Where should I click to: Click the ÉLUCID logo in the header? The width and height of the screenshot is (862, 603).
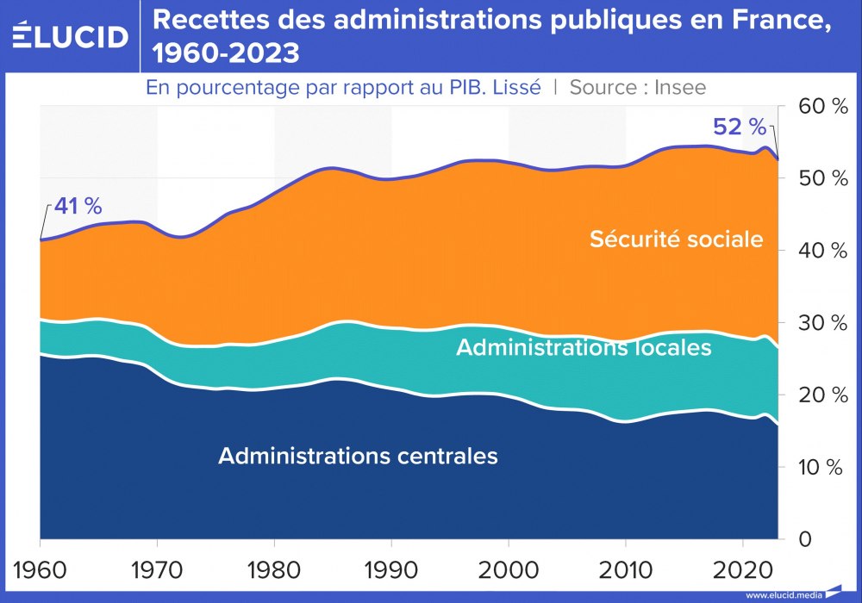point(71,35)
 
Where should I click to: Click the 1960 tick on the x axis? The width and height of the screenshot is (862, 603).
point(40,570)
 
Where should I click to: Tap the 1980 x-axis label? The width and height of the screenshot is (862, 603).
point(274,570)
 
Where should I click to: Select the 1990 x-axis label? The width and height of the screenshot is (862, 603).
point(391,570)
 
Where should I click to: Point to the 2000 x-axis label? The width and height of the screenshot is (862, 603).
point(509,570)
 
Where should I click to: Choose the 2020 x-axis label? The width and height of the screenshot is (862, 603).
point(742,570)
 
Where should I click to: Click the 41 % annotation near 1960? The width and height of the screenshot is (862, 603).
point(78,207)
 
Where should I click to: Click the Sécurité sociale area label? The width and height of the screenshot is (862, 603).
point(677,239)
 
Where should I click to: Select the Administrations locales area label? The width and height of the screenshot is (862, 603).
point(584,347)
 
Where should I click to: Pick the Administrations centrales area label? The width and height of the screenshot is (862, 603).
point(358,456)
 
